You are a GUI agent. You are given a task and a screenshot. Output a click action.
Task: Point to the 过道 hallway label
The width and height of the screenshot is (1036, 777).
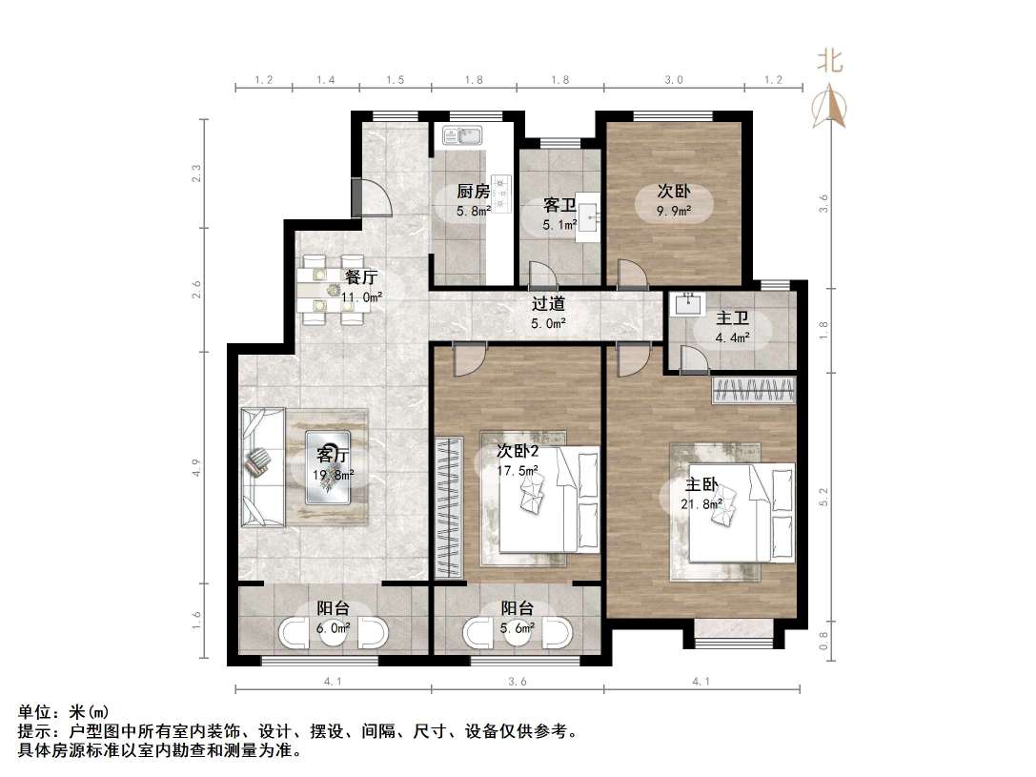[x=549, y=304]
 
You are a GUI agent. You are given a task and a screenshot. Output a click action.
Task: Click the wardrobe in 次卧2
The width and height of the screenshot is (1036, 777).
[x=446, y=505]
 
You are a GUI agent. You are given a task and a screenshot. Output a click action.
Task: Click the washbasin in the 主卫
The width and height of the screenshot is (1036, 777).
[x=686, y=305]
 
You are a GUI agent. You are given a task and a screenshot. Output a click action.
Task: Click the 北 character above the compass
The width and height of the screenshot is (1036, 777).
[x=829, y=62]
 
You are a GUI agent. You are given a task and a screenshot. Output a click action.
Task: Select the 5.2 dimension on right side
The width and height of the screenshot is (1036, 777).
[x=824, y=496]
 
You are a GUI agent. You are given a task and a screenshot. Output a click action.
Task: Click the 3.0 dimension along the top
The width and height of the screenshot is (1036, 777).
[x=673, y=81]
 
